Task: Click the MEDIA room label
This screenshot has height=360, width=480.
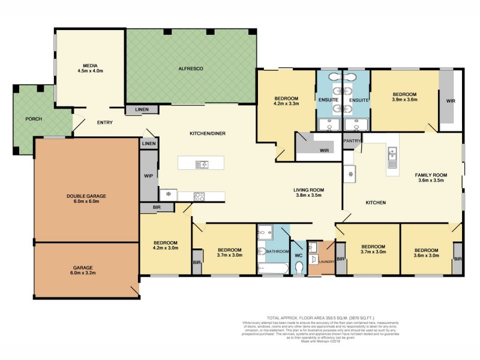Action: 90,65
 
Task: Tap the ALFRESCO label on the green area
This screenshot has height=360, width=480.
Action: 191,70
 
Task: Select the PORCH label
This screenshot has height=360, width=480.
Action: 33,119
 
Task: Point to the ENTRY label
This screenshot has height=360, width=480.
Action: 104,123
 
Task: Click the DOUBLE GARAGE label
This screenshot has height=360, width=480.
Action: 86,196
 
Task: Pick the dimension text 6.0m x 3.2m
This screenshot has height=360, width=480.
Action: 86,274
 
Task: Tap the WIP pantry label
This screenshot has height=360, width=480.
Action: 148,176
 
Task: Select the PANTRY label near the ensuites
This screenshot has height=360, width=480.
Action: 351,140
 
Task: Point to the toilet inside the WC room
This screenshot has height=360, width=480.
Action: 298,269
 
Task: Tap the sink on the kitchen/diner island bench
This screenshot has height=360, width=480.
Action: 203,164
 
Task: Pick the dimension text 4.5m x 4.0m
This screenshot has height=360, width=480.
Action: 90,71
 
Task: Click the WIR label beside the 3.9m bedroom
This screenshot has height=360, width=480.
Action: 451,101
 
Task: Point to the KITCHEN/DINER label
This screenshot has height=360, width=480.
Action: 207,133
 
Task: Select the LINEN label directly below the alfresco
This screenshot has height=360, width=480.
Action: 142,109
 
